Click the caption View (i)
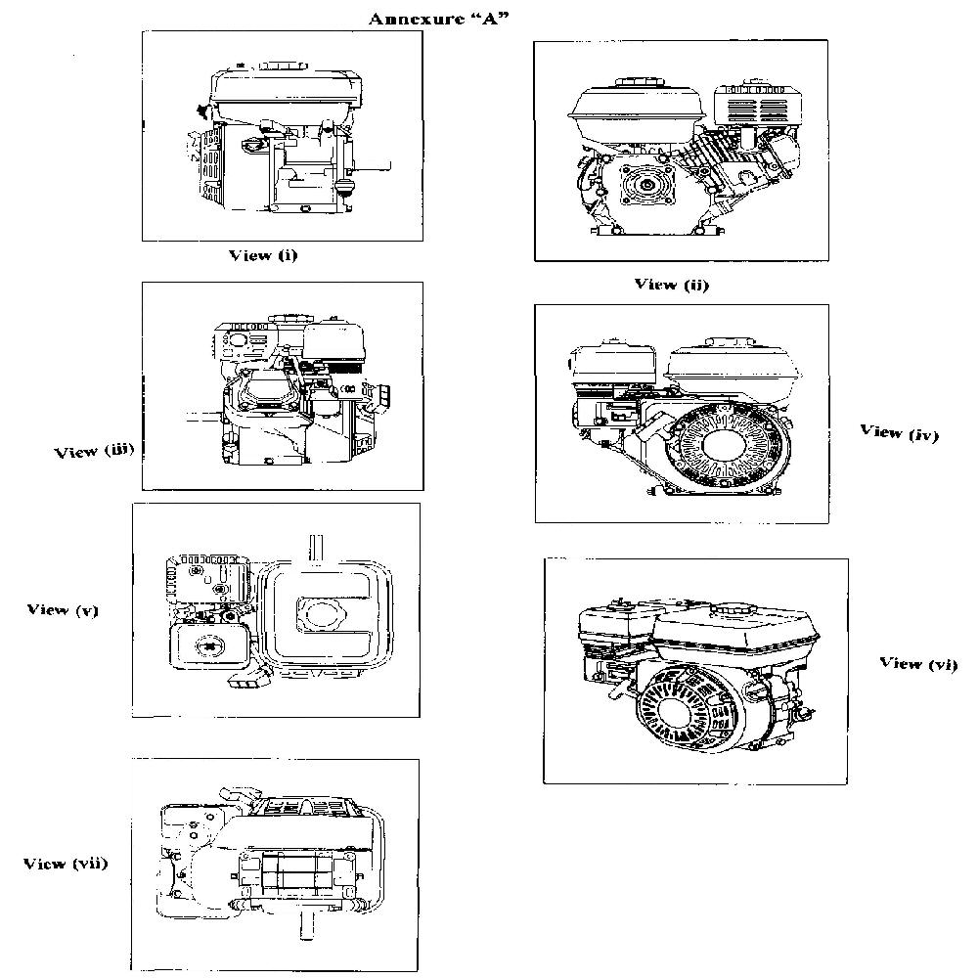(x=262, y=255)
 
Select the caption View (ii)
(x=671, y=285)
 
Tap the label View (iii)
(x=93, y=451)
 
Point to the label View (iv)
(x=899, y=431)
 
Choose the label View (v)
(x=63, y=609)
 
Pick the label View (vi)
(x=918, y=663)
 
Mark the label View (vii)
(x=66, y=864)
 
